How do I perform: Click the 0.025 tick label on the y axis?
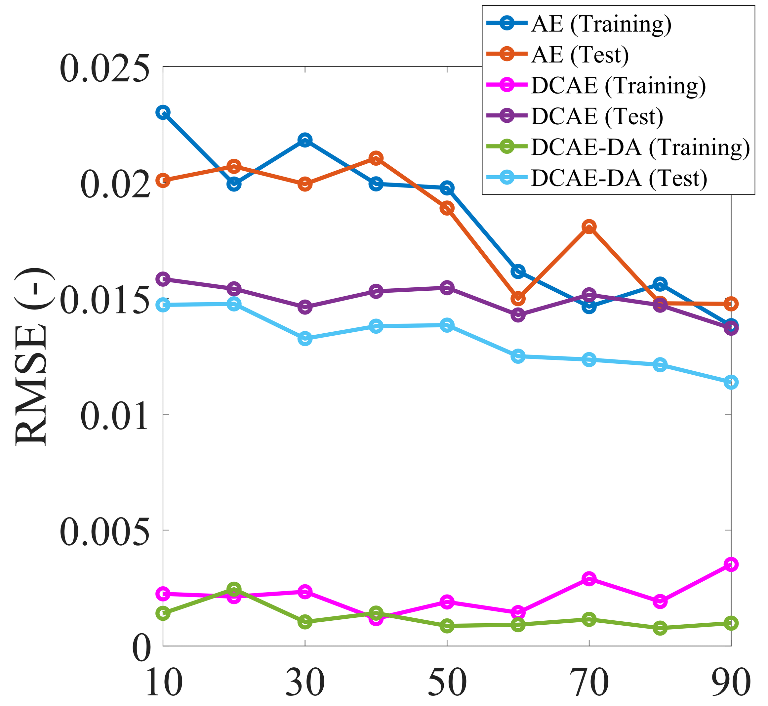pos(105,69)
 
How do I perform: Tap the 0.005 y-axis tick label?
pos(105,532)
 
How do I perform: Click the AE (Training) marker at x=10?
pos(163,113)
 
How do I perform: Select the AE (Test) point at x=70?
pos(589,227)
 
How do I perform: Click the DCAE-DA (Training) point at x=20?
pos(234,589)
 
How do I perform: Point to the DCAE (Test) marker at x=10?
pos(163,279)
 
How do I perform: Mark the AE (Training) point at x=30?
pos(305,140)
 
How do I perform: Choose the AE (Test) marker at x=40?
pos(376,158)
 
